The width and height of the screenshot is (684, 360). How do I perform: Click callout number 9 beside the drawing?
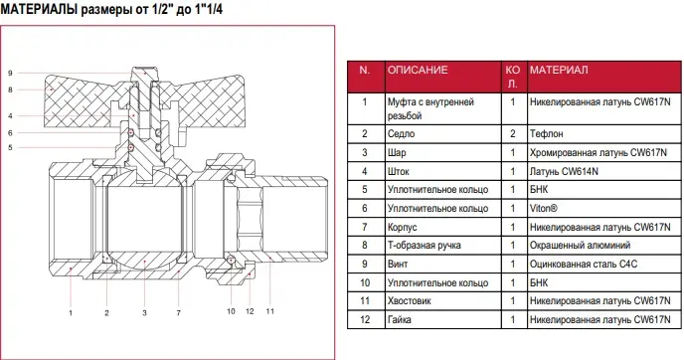[x=10, y=73]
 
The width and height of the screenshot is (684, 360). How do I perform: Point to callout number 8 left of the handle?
[x=10, y=90]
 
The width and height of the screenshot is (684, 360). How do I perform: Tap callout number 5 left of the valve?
[x=10, y=147]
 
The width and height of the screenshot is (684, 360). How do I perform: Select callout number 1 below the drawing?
[x=71, y=312]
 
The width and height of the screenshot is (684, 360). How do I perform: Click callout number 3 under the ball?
[x=144, y=312]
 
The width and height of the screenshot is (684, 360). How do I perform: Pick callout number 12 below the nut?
[x=250, y=311]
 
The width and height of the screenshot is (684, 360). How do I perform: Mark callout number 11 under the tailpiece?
[x=270, y=311]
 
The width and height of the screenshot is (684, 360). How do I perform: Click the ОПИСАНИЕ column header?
[x=418, y=70]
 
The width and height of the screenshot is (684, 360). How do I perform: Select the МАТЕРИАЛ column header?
[x=559, y=70]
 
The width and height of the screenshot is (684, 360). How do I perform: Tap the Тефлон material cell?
[x=546, y=133]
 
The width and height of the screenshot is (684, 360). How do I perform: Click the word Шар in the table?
[x=397, y=153]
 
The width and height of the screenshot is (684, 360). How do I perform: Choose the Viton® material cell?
[x=544, y=208]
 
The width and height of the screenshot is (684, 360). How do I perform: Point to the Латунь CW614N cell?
[x=564, y=171]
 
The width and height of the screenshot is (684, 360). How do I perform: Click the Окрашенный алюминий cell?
[x=581, y=246]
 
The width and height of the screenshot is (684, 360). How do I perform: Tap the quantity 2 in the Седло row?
[x=513, y=133]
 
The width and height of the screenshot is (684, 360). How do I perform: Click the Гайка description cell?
[x=399, y=319]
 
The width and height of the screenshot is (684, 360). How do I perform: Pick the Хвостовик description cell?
[x=410, y=300]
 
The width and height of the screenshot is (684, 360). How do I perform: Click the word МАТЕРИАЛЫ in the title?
[x=39, y=9]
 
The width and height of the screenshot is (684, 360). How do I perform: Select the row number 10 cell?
[x=365, y=282]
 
